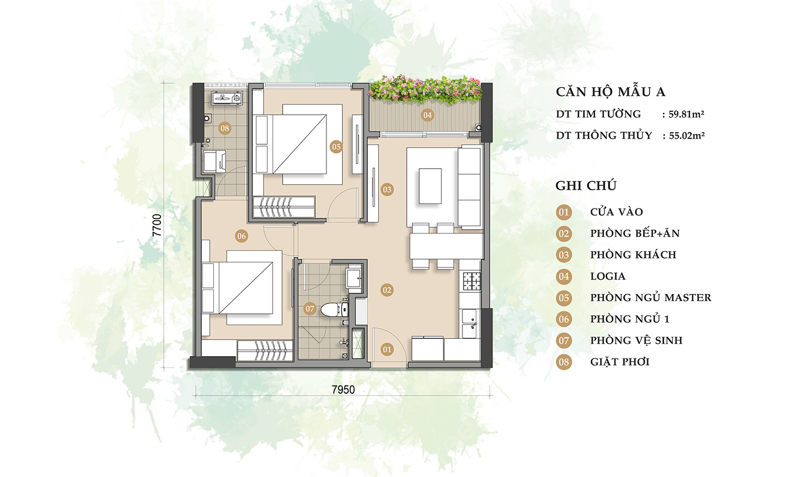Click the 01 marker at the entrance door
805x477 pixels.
pyautogui.click(x=387, y=349)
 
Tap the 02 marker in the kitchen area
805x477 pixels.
pyautogui.click(x=387, y=290)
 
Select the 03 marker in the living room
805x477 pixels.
pyautogui.click(x=387, y=190)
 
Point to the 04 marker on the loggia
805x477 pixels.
pyautogui.click(x=427, y=115)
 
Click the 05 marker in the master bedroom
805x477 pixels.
pyautogui.click(x=336, y=147)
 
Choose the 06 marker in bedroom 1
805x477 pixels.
pyautogui.click(x=241, y=236)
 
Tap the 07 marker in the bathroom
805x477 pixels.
pyautogui.click(x=310, y=309)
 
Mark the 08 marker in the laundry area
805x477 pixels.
pyautogui.click(x=225, y=128)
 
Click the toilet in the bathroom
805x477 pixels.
pyautogui.click(x=335, y=309)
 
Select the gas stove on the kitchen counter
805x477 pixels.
pyautogui.click(x=471, y=281)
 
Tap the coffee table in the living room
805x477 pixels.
pyautogui.click(x=430, y=186)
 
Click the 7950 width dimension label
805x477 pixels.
pyautogui.click(x=343, y=390)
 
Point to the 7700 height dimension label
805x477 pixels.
pyautogui.click(x=157, y=225)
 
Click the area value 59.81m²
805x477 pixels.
pyautogui.click(x=686, y=114)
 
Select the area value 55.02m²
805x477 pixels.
pyautogui.click(x=687, y=136)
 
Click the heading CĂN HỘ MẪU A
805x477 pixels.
pyautogui.click(x=611, y=92)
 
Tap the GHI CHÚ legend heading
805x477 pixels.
pyautogui.click(x=586, y=186)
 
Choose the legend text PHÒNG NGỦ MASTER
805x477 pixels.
pyautogui.click(x=651, y=297)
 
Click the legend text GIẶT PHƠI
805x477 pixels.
pyautogui.click(x=620, y=362)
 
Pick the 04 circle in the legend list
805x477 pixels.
pyautogui.click(x=564, y=277)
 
